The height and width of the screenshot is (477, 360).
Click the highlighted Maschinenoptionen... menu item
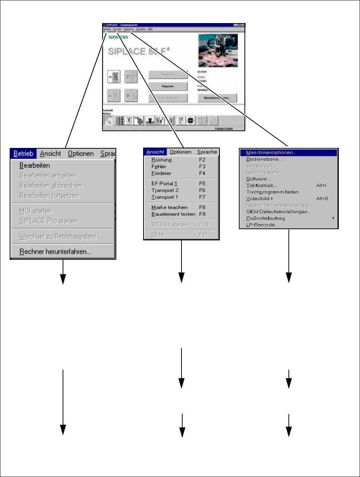(271, 153)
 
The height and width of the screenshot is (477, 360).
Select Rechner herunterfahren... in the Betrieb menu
(55, 252)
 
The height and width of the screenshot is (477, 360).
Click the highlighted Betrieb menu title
(23, 154)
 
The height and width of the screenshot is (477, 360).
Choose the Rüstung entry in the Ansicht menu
(161, 160)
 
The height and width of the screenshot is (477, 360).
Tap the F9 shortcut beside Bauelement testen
(202, 214)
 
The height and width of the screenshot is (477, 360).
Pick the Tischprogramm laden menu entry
(272, 192)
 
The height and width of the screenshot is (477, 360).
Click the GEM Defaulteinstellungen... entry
(278, 212)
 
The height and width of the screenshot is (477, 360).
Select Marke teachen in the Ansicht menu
(169, 208)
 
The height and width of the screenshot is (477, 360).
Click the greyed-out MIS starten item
(35, 211)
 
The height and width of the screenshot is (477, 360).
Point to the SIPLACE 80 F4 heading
(138, 51)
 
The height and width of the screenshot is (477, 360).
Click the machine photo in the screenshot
(218, 50)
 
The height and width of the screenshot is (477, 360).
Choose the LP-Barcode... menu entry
(262, 225)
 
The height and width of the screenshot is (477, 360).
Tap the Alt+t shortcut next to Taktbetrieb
(321, 186)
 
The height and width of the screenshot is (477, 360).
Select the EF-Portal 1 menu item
(164, 184)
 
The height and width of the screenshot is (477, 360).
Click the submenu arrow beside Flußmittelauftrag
(333, 218)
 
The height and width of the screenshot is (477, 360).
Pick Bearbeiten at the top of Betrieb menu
(35, 165)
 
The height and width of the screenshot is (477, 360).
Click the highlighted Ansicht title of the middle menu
(155, 152)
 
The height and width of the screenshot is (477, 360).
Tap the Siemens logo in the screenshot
(118, 37)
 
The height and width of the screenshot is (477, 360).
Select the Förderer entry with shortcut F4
(161, 173)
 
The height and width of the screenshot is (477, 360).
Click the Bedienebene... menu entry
(264, 159)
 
